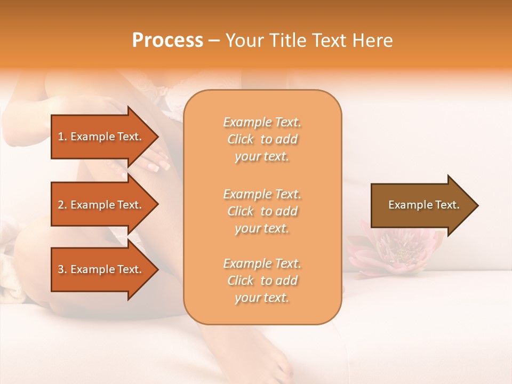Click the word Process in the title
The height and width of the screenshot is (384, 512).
point(167,41)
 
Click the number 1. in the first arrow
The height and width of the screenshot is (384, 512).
point(62,137)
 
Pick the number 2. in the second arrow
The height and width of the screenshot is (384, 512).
point(62,205)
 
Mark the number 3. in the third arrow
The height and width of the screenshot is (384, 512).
point(62,269)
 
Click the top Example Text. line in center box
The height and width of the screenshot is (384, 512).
point(262,122)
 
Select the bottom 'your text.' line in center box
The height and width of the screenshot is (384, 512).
point(262,298)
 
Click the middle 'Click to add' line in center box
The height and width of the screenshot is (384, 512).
point(262,211)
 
